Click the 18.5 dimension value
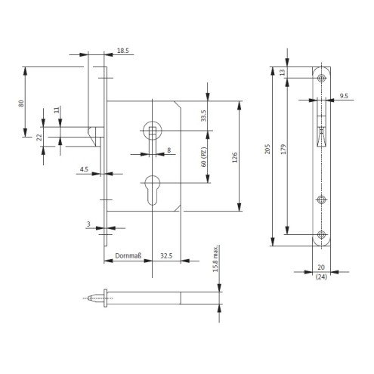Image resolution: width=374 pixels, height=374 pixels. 123,51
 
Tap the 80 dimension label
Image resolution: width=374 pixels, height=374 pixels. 21,104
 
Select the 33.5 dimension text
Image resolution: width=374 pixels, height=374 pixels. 203,116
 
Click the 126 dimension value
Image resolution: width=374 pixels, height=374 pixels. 235,157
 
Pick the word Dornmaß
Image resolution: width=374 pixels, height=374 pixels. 128,256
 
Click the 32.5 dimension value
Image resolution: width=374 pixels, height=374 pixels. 166,256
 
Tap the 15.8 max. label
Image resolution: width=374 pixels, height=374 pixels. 215,259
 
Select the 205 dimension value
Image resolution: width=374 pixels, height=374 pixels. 267,149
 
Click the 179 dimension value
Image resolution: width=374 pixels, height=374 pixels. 283,149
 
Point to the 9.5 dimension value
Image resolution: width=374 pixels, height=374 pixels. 344,96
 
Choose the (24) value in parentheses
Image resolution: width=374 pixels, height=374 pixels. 321,277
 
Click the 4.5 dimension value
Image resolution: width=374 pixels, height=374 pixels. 84,169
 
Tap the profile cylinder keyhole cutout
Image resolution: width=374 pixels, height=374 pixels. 153,190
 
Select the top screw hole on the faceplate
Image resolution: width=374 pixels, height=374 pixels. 321,78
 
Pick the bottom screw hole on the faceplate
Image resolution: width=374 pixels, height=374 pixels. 321,235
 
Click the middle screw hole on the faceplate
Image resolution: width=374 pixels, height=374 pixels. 321,200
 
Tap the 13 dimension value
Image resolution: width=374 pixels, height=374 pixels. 283,73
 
